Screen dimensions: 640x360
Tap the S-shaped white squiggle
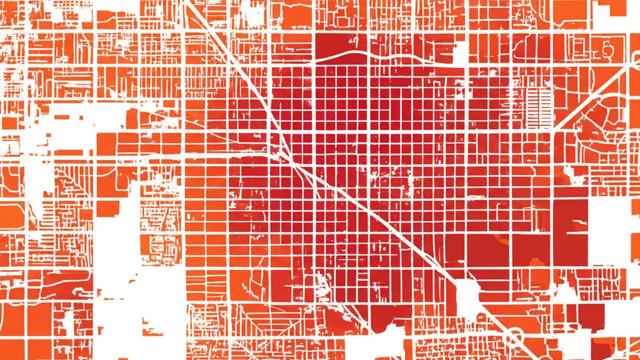click(x=607, y=48)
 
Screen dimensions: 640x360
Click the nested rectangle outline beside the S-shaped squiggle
click(x=580, y=47)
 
